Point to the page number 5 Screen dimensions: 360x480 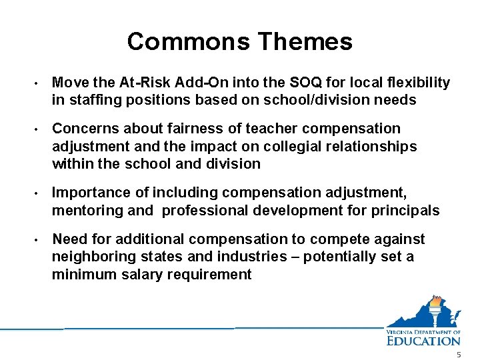[459, 355]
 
